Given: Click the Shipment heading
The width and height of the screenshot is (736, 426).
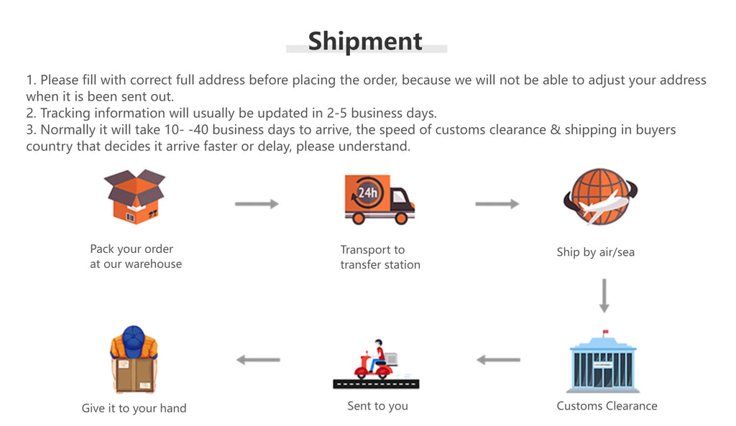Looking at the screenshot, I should [x=365, y=41].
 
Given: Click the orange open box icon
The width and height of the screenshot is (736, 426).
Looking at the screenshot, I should [x=134, y=196].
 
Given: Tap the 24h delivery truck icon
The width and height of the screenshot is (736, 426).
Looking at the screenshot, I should [x=379, y=200].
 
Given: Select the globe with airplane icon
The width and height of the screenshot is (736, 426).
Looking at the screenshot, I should [x=600, y=196].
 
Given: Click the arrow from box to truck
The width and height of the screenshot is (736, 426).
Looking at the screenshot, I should [x=257, y=204].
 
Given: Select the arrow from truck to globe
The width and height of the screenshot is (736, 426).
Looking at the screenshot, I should [x=497, y=204].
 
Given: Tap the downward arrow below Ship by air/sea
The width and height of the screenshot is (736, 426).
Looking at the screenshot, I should [x=604, y=295].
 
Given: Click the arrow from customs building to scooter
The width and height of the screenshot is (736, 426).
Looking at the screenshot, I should [x=498, y=359].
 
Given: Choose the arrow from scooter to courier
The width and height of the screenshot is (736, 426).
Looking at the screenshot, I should [x=258, y=359].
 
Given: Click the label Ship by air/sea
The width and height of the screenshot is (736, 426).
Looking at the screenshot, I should [x=595, y=252].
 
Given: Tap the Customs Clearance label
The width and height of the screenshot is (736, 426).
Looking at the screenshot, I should [x=607, y=406].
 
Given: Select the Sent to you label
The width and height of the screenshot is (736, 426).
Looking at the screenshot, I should [x=377, y=406].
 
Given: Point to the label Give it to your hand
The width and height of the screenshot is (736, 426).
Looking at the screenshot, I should [x=134, y=408].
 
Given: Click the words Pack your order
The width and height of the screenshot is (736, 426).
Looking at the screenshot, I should [x=132, y=249].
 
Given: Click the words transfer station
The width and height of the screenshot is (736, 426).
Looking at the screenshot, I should [x=380, y=264].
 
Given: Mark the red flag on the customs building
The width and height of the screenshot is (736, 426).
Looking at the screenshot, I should [x=605, y=332].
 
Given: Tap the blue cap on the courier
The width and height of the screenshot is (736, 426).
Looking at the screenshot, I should [x=134, y=338].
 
